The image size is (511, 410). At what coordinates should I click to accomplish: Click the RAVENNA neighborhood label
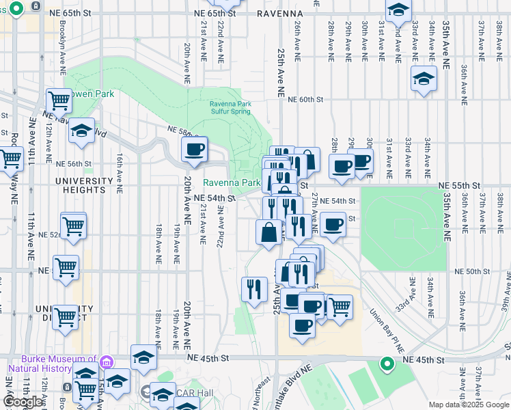[x=280, y=13]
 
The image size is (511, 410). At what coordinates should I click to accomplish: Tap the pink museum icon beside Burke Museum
[x=106, y=361]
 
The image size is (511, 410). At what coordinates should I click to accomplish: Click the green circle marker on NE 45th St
[x=387, y=364]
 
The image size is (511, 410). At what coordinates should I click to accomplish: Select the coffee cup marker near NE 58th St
[x=195, y=150]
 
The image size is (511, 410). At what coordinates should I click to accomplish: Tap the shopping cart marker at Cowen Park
[x=59, y=101]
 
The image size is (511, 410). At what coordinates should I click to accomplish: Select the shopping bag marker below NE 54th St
[x=269, y=232]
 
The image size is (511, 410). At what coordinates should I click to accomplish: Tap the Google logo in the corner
[x=23, y=402]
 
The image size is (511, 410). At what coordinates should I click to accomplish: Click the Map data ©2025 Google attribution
[x=469, y=405]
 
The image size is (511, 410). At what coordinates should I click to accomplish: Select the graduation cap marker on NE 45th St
[x=143, y=357]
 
